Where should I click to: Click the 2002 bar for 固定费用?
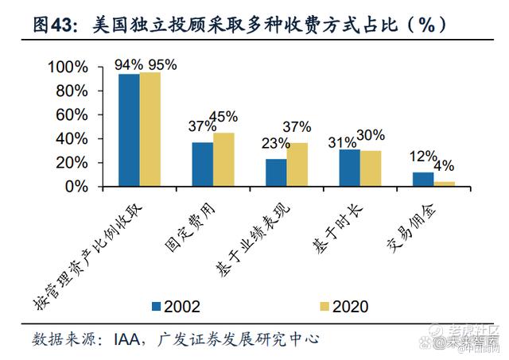coord(202,165)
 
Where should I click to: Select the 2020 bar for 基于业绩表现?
coord(297,165)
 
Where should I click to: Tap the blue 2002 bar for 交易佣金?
coord(422,179)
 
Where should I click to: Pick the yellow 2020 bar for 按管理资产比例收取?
coord(150,130)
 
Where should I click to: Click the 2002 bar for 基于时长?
coord(349,168)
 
